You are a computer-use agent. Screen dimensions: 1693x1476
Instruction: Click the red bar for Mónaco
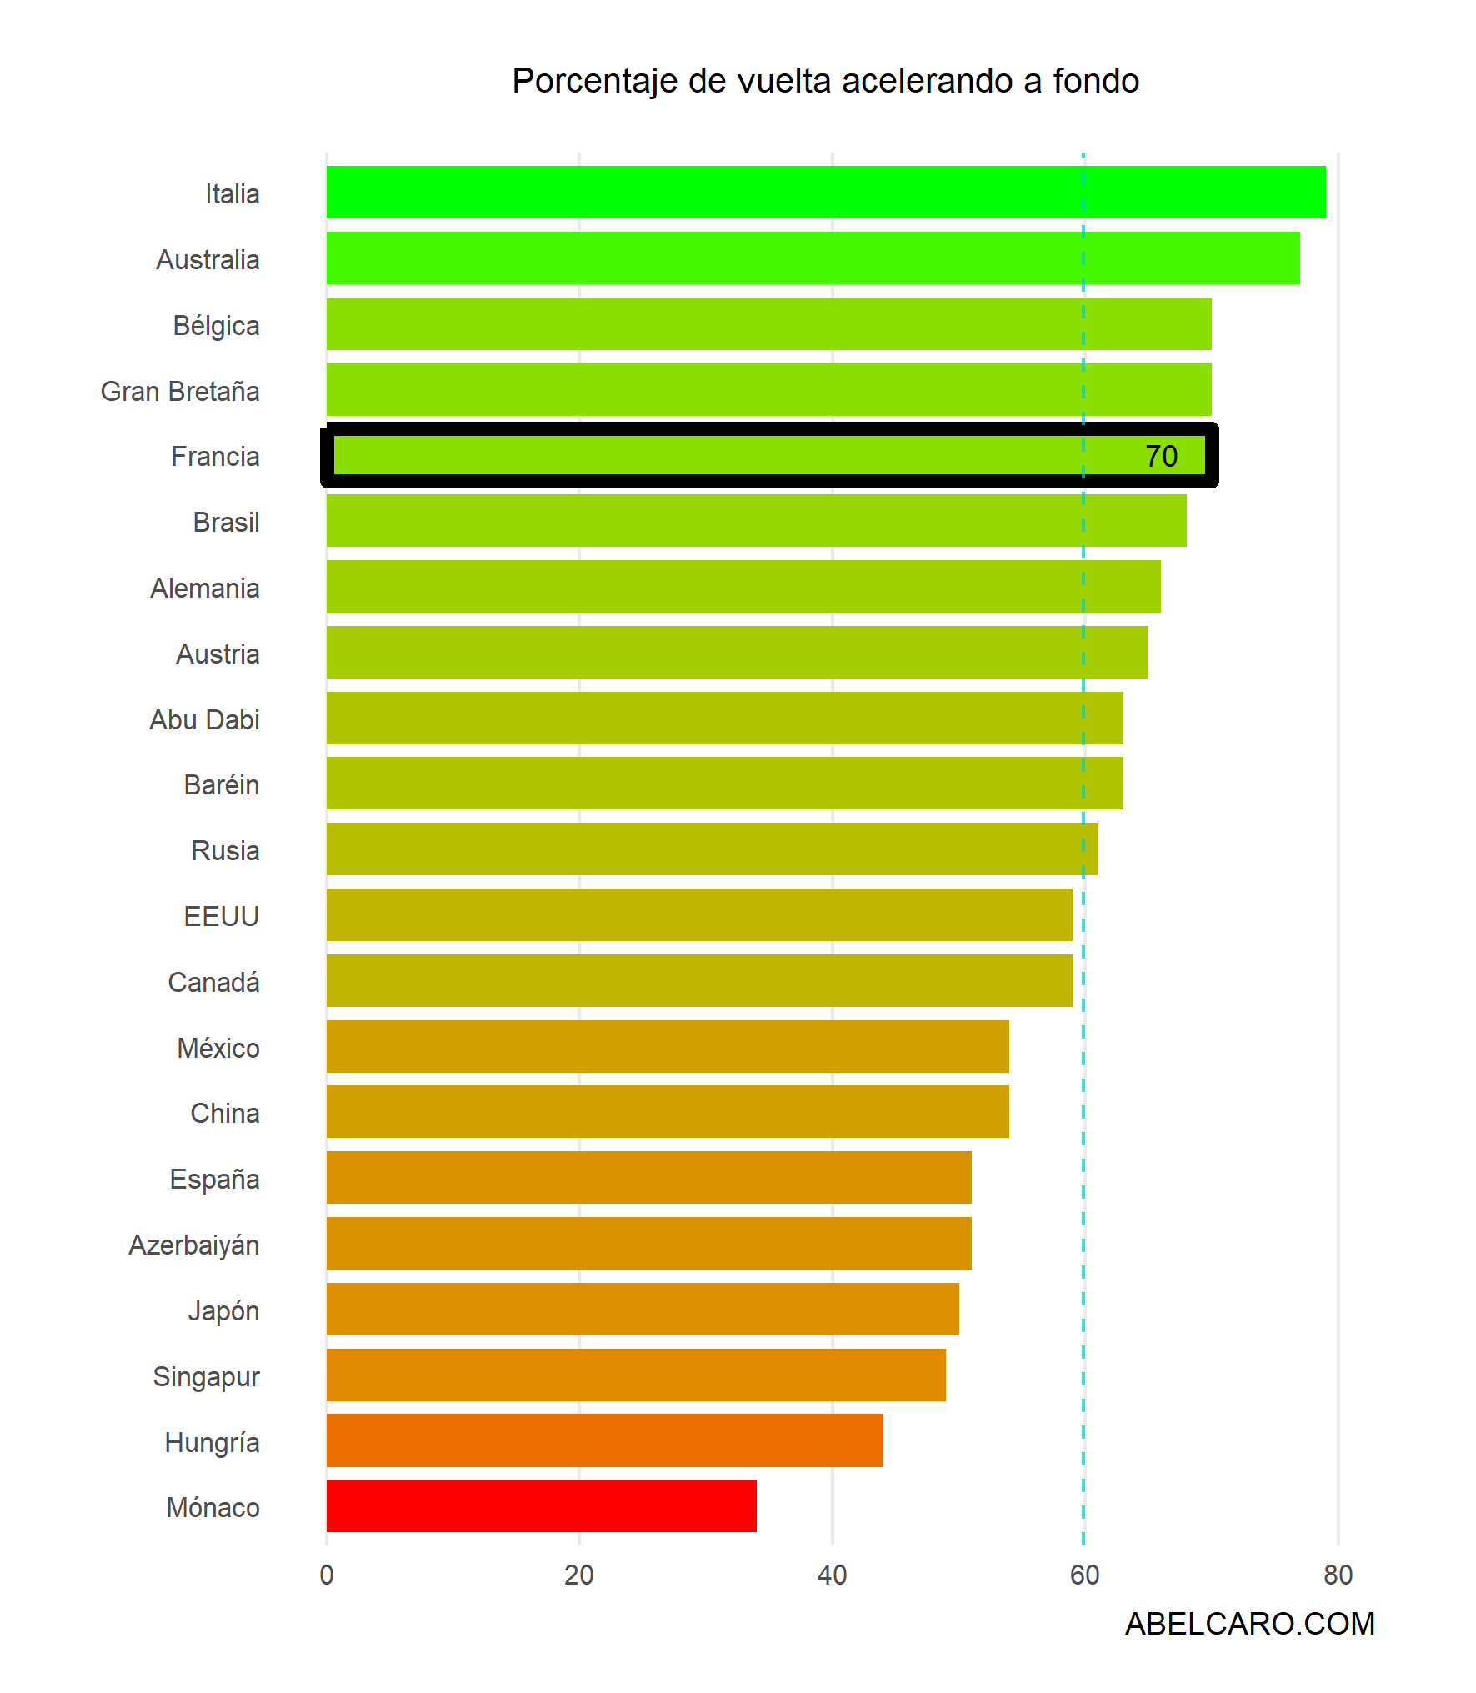coord(542,1505)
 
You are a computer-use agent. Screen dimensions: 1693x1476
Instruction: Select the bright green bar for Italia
coord(825,192)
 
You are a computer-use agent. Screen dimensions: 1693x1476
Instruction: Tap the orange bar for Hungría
coord(604,1440)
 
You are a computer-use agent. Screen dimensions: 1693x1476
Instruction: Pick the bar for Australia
coord(813,258)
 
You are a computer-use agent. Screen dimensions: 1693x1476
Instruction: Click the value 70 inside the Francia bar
coord(1161,456)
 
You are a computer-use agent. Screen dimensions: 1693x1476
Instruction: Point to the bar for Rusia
coord(712,849)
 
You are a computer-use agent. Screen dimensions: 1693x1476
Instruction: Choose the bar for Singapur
coord(636,1375)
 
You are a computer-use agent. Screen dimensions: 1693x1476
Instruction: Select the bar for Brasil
coord(756,520)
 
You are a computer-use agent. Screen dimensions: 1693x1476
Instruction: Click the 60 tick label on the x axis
coord(1084,1575)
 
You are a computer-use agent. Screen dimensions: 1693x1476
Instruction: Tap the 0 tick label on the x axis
coord(327,1575)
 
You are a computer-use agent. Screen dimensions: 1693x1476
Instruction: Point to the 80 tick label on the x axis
coord(1338,1575)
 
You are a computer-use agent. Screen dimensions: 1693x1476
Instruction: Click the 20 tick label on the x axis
coord(579,1575)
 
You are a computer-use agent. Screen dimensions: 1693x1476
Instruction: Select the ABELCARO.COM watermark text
coord(1249,1624)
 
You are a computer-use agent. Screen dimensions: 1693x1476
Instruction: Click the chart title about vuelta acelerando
coord(825,81)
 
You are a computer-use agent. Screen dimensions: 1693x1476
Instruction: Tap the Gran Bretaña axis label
coord(180,391)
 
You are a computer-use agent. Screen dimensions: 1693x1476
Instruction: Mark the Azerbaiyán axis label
coord(194,1245)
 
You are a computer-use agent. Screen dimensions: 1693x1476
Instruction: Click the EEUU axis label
coord(222,916)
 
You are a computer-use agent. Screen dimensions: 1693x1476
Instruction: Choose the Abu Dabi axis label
coord(205,719)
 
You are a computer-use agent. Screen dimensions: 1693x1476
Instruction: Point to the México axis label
coord(218,1048)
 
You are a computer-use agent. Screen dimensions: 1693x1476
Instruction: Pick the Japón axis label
coord(223,1310)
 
